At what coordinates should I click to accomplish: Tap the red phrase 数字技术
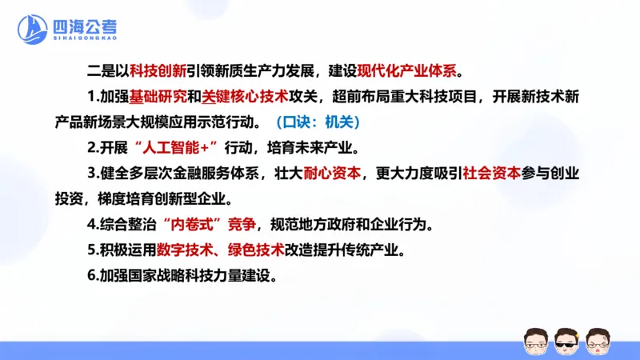186,250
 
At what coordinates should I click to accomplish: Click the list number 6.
93,277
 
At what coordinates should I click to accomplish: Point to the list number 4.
93,225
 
